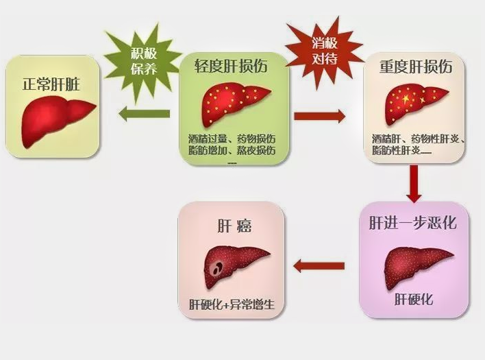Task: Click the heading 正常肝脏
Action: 52,85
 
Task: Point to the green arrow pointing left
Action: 145,115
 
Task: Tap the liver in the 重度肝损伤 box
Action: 414,104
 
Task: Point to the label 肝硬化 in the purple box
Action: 413,300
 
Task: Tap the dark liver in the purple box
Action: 414,263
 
